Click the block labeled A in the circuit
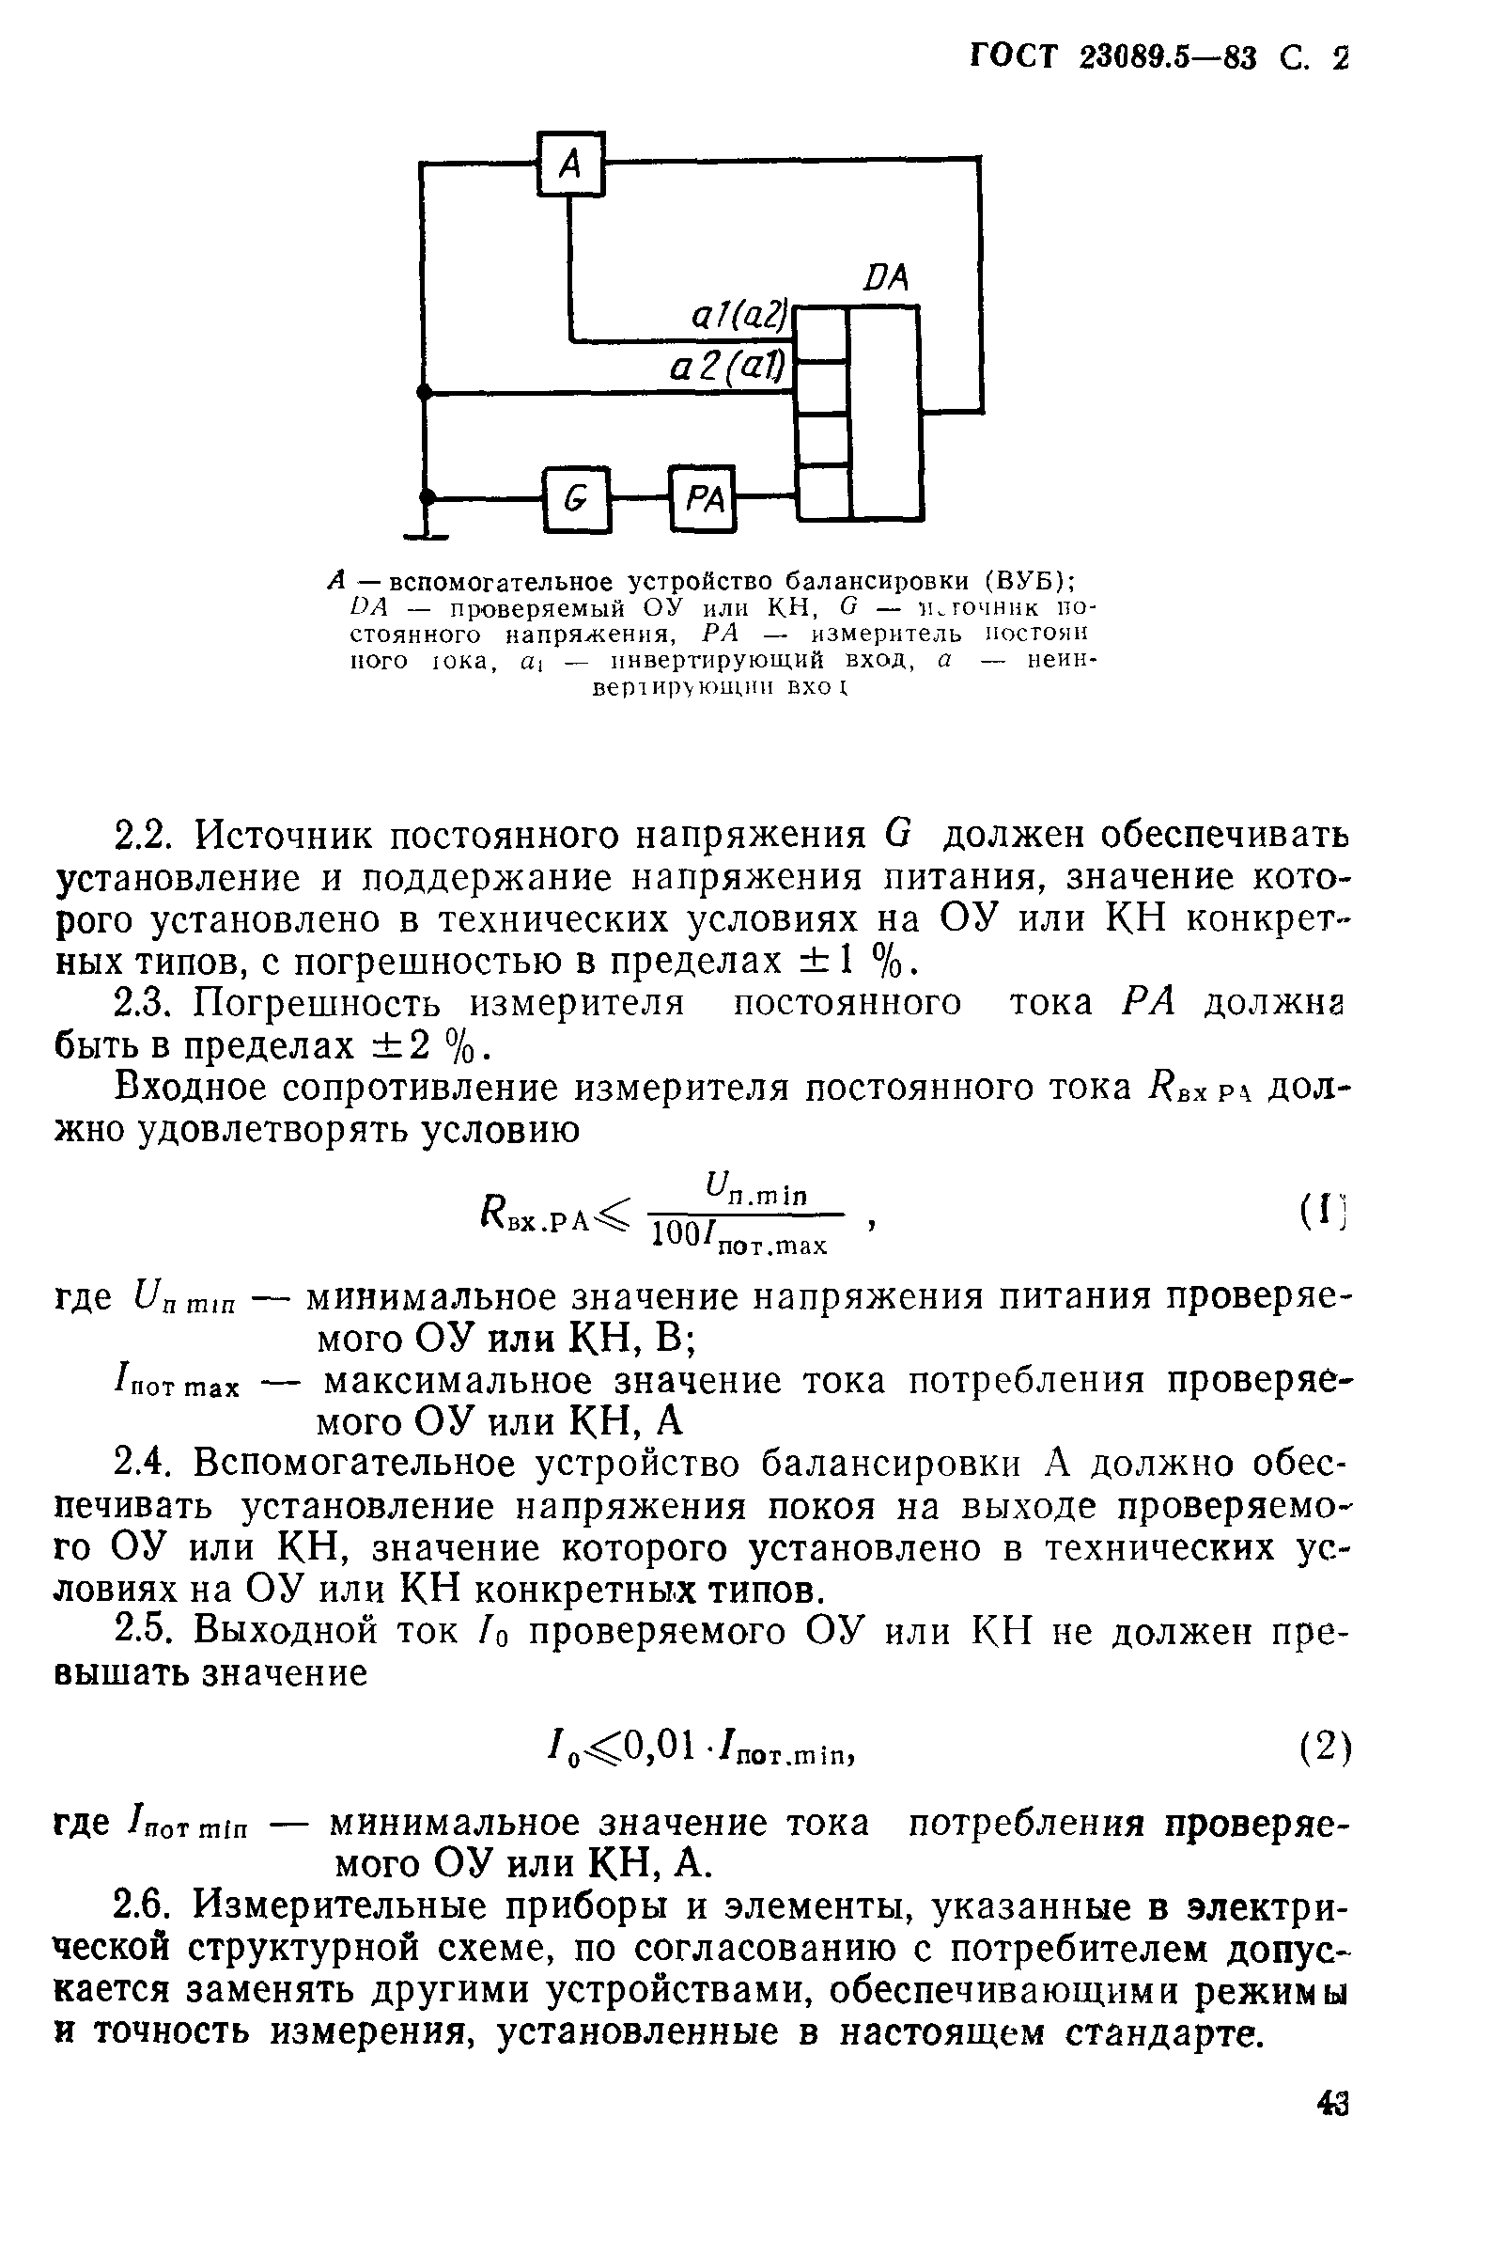tap(570, 164)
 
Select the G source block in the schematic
tap(576, 498)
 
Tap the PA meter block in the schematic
tap(702, 497)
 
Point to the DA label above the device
tap(885, 279)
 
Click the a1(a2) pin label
tap(739, 315)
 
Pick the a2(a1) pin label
tap(727, 367)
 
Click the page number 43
tap(1332, 2103)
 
